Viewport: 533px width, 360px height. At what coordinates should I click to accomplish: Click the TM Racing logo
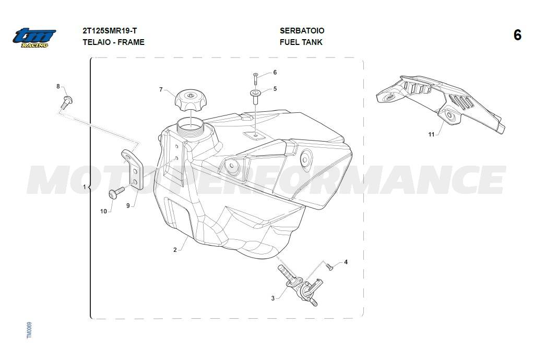pyautogui.click(x=34, y=38)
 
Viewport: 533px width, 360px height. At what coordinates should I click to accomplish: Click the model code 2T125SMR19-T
pyautogui.click(x=110, y=31)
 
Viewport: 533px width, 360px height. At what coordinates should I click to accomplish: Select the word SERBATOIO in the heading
pyautogui.click(x=302, y=31)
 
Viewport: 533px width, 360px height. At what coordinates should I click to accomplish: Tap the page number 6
pyautogui.click(x=517, y=35)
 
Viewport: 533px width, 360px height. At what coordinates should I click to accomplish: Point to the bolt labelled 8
pyautogui.click(x=67, y=102)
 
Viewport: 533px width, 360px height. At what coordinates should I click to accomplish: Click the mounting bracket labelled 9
pyautogui.click(x=133, y=169)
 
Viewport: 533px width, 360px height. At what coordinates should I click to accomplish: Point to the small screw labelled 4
pyautogui.click(x=329, y=266)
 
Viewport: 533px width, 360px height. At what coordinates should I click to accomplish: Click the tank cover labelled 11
pyautogui.click(x=441, y=104)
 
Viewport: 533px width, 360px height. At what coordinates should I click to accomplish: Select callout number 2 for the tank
pyautogui.click(x=175, y=250)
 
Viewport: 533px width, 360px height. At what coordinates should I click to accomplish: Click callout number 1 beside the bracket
pyautogui.click(x=85, y=187)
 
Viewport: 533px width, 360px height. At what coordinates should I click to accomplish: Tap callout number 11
pyautogui.click(x=431, y=134)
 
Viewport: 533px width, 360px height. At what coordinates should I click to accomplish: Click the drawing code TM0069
pyautogui.click(x=29, y=330)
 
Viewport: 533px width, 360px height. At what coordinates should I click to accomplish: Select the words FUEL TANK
pyautogui.click(x=301, y=42)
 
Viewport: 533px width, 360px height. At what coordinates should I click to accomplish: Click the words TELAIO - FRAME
pyautogui.click(x=113, y=42)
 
